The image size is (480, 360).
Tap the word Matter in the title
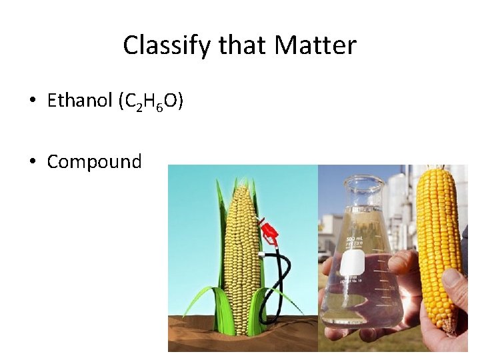[315, 46]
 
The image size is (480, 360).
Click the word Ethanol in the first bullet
[79, 101]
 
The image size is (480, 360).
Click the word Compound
[94, 161]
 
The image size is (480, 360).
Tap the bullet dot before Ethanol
[32, 101]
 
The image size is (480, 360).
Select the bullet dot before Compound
[32, 162]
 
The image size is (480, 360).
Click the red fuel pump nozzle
[270, 233]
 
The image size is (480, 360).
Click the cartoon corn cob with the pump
[241, 253]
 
